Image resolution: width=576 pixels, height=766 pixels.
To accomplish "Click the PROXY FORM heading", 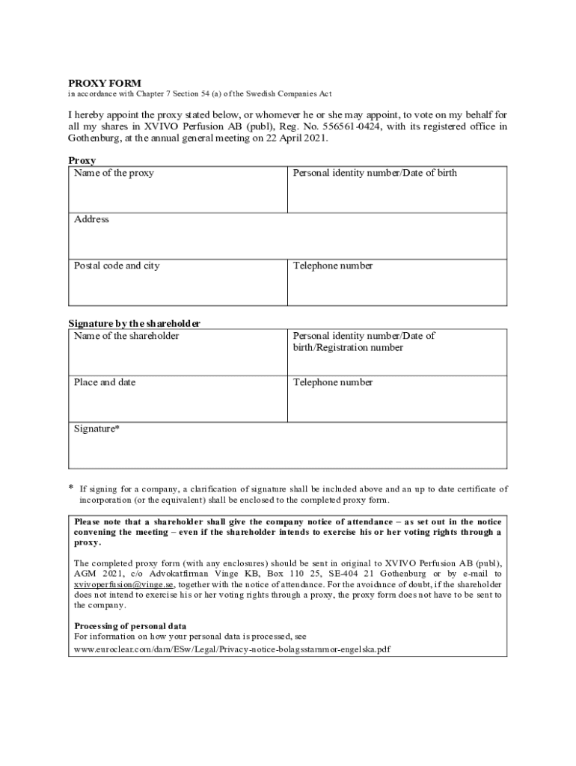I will pos(105,83).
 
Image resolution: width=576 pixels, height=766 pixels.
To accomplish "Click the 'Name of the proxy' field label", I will pos(114,173).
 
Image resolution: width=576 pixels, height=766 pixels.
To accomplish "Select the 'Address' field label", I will pos(91,219).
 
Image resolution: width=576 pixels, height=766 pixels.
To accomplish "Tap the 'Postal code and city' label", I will pos(117,266).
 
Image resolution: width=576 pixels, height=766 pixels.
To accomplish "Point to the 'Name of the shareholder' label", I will pos(126,336).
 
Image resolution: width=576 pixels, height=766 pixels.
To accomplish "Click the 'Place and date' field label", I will pos(105,382).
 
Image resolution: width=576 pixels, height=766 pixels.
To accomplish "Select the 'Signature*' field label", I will pos(96,429).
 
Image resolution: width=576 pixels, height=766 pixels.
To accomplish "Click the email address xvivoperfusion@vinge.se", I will pos(124,584).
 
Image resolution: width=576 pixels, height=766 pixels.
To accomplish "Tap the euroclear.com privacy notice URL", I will pos(232,649).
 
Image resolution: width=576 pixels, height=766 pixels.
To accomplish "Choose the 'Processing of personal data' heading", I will pos(130,626).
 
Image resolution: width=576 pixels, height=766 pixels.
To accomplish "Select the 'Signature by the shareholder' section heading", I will pos(135,323).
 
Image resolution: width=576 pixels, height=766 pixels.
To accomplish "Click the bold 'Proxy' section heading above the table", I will pos(82,160).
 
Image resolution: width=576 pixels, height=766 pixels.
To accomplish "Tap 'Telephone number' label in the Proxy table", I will pos(333,266).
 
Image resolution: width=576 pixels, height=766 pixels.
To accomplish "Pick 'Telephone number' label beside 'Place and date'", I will pos(333,382).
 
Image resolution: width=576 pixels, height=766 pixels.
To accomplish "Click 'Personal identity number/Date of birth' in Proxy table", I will pos(375,173).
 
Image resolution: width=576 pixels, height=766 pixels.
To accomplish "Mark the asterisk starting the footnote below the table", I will pos(71,488).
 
